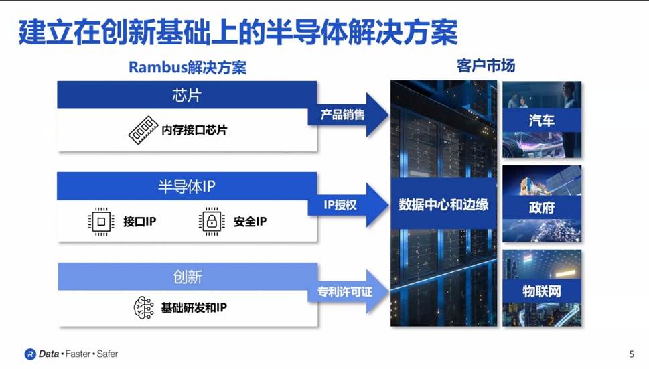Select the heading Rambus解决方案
point(187,68)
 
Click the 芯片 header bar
point(186,95)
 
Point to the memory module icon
point(143,130)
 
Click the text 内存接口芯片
point(194,130)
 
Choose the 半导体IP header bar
point(186,186)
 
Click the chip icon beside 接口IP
point(101,221)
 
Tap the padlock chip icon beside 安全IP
point(212,221)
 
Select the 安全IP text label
point(250,222)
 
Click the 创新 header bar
point(186,277)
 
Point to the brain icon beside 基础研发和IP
point(143,309)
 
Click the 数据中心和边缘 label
point(443,204)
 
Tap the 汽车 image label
point(541,121)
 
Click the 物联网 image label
point(541,291)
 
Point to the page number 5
point(632,354)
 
